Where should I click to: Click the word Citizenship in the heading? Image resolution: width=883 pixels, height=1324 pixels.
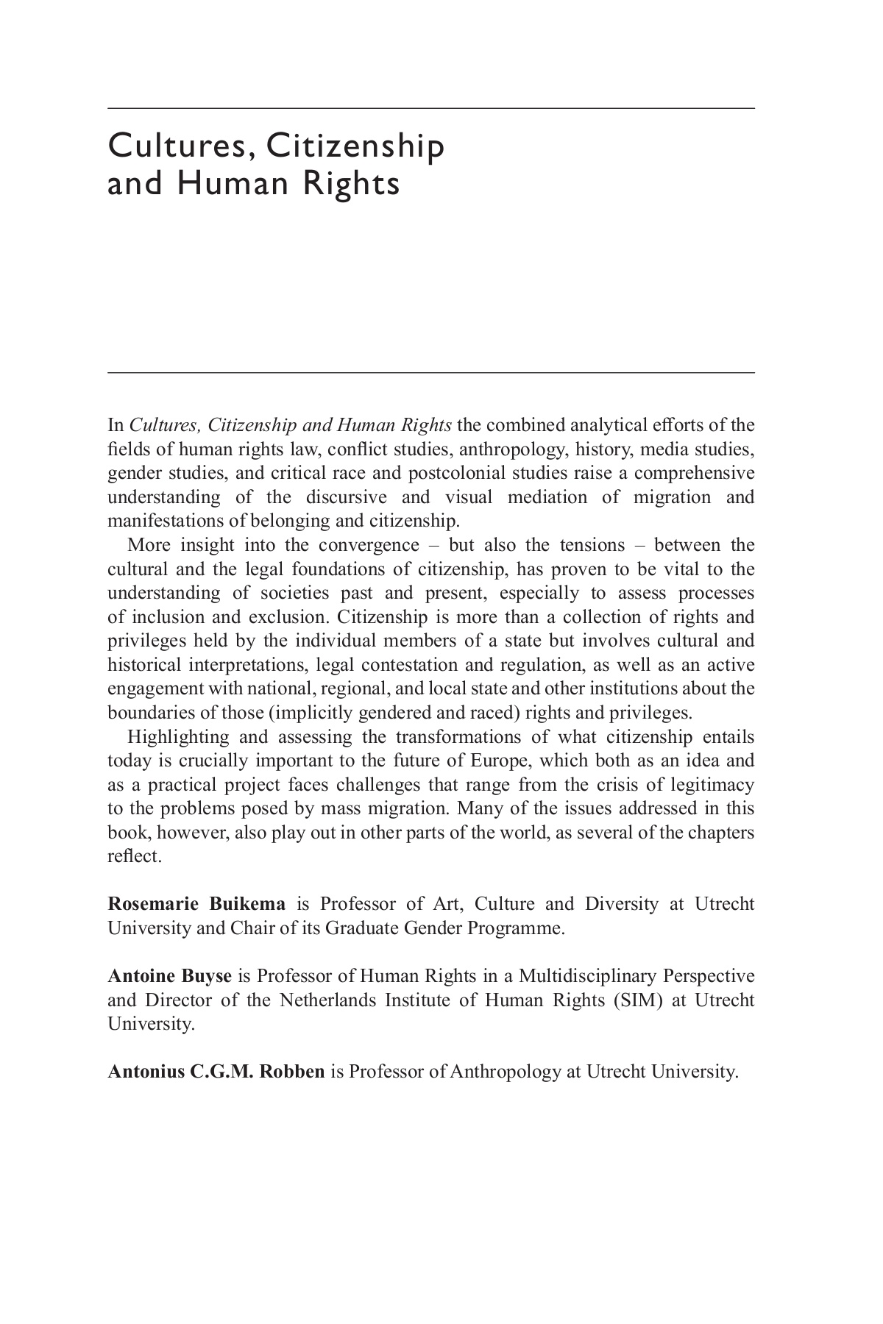coord(355,146)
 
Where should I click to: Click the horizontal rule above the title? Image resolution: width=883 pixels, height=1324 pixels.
coord(431,109)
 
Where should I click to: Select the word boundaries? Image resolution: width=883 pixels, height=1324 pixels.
coord(151,713)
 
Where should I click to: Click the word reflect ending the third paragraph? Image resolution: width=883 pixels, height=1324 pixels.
coord(133,857)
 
